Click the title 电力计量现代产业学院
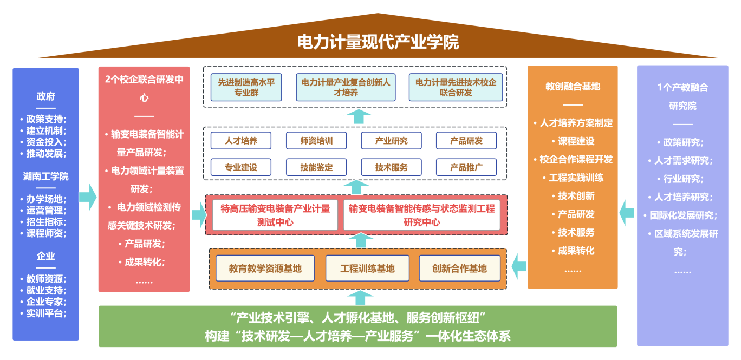point(378,42)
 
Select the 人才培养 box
point(241,141)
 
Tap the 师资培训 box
point(316,141)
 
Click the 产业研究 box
point(391,141)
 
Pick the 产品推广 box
point(466,167)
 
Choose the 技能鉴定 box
point(316,167)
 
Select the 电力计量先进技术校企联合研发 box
point(456,88)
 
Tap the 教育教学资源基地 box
point(265,269)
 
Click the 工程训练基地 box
point(367,269)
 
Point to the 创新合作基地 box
point(459,269)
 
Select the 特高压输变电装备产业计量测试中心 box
point(275,215)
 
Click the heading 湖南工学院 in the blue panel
point(45,176)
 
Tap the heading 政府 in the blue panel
point(45,96)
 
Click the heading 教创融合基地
point(573,86)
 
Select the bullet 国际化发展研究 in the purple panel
point(682,215)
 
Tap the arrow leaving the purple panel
point(627,212)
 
